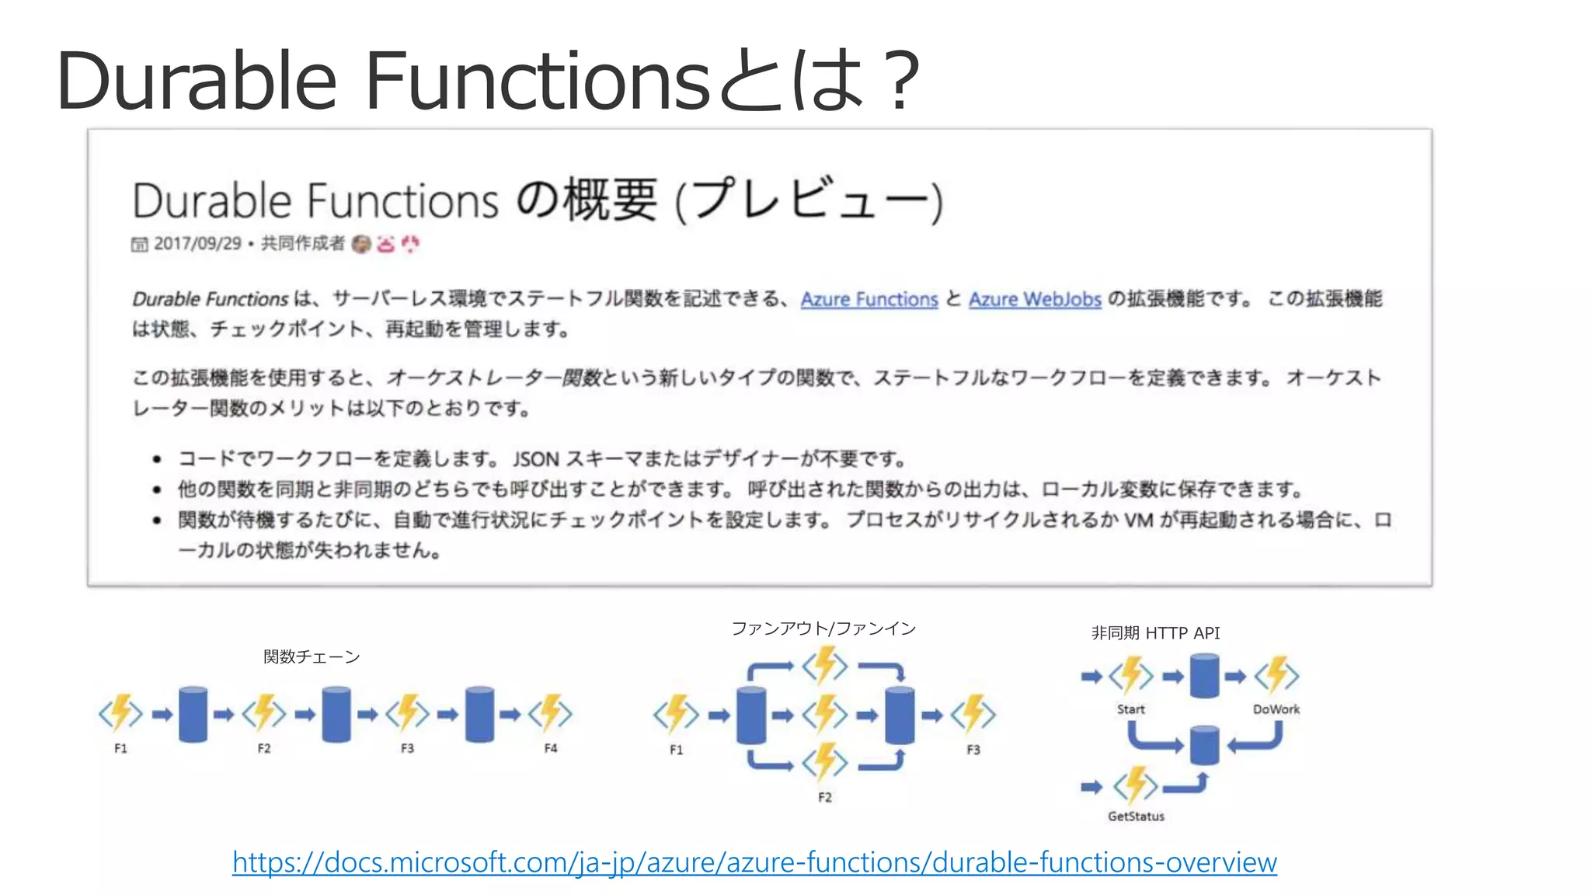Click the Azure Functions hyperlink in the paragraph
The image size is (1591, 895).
click(x=869, y=299)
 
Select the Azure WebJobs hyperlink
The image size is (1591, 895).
click(x=1035, y=299)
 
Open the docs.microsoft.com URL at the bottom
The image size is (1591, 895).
click(x=754, y=862)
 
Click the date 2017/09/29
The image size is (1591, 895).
click(x=197, y=243)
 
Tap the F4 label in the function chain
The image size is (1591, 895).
click(x=551, y=748)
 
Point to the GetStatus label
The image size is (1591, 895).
click(x=1136, y=816)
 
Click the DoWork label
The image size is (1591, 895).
click(x=1276, y=709)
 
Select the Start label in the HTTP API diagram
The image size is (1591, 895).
click(x=1130, y=709)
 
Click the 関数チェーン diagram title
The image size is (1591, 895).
click(x=312, y=656)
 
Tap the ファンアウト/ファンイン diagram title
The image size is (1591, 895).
click(x=823, y=628)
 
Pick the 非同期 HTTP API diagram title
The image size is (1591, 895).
click(x=1155, y=633)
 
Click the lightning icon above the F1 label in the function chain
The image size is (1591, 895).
click(x=120, y=713)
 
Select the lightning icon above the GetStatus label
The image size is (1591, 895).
click(x=1135, y=785)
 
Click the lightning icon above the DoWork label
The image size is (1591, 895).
click(x=1276, y=674)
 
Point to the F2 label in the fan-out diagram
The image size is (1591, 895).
click(x=825, y=797)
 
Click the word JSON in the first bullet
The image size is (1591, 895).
click(x=535, y=459)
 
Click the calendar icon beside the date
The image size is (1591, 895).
click(x=139, y=245)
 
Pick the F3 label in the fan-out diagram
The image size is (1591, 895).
click(x=973, y=750)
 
